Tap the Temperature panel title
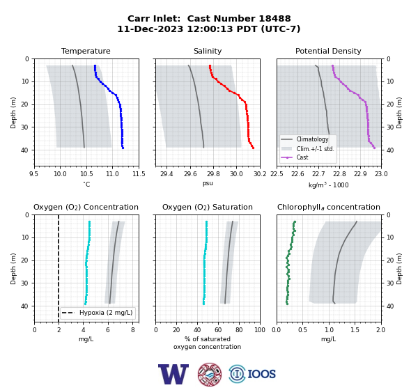(86, 51)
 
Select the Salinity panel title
(208, 51)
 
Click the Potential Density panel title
(328, 51)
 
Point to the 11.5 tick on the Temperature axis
(139, 174)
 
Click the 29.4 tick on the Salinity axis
(167, 174)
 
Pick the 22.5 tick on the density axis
(277, 174)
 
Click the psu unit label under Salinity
(208, 183)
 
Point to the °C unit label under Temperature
(86, 184)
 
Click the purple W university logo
(173, 374)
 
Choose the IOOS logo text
(261, 374)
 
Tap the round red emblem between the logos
(210, 374)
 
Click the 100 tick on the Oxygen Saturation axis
(260, 330)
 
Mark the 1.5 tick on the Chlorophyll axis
(355, 330)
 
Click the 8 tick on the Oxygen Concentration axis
(133, 330)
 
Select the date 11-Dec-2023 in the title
(150, 29)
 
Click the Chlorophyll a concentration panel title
(328, 207)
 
